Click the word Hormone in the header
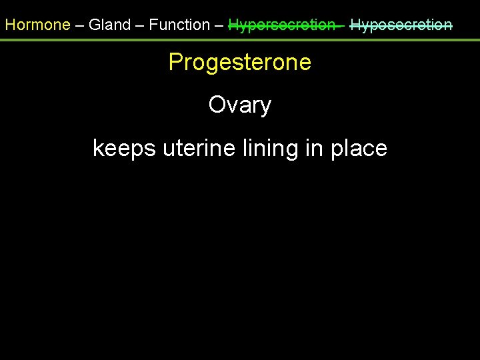click(x=37, y=25)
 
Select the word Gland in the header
click(x=109, y=25)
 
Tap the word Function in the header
click(x=179, y=25)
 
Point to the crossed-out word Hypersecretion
click(x=282, y=25)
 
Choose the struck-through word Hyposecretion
click(x=401, y=25)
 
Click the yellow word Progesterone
click(x=240, y=63)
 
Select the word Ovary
click(x=240, y=105)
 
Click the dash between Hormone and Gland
click(x=79, y=25)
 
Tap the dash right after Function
click(x=219, y=25)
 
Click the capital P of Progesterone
click(x=176, y=62)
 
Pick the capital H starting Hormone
click(x=10, y=25)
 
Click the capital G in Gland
click(x=95, y=25)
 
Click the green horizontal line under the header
click(x=240, y=40)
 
